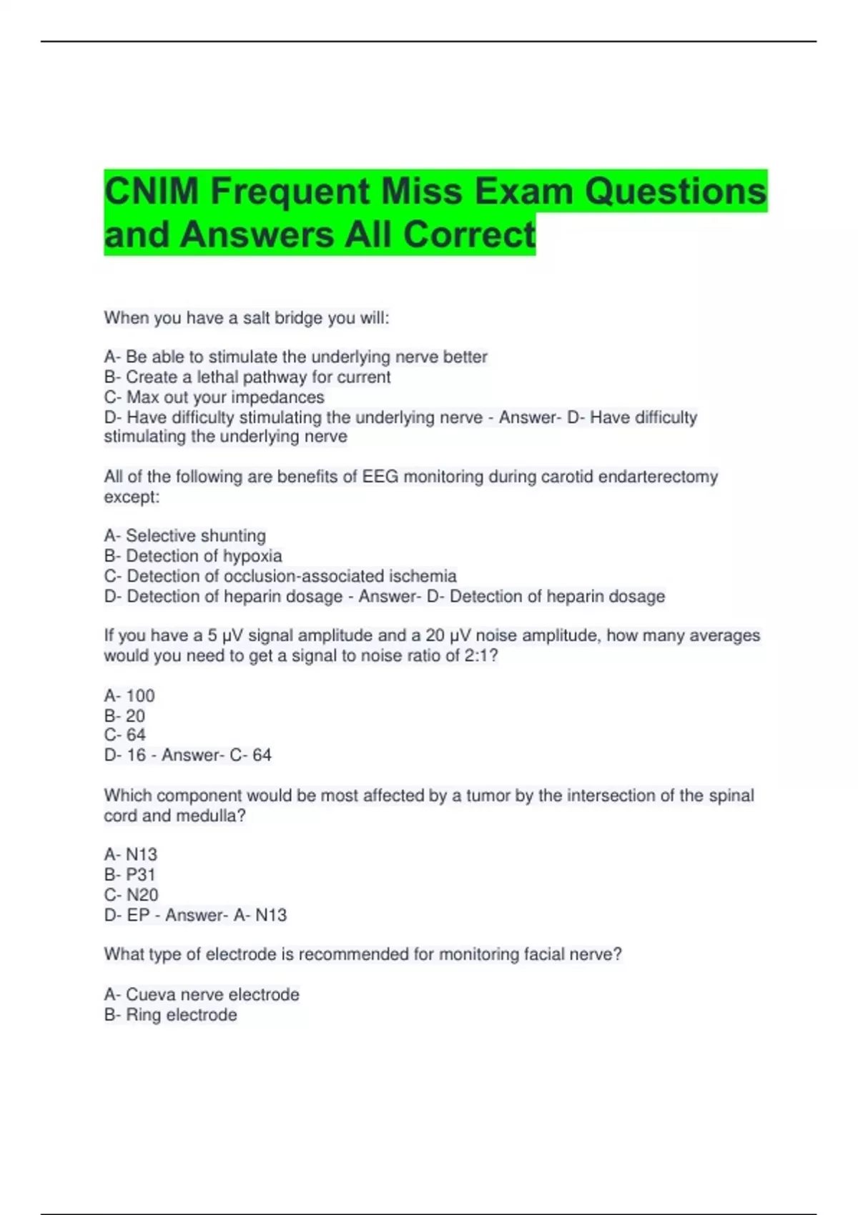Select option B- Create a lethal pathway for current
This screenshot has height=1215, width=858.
tap(247, 377)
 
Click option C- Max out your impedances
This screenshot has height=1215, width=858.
tap(214, 397)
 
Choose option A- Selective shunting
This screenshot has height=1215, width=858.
tap(185, 535)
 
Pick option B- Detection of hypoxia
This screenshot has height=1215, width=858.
tap(193, 555)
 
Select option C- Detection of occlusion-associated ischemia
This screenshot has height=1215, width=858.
tap(280, 575)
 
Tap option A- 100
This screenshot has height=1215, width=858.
tap(129, 695)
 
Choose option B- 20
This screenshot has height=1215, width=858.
tap(124, 715)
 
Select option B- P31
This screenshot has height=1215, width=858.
tap(129, 874)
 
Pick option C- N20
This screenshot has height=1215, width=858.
tap(131, 894)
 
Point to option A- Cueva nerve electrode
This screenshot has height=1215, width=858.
tap(202, 994)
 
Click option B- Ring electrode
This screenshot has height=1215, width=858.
tap(170, 1014)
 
